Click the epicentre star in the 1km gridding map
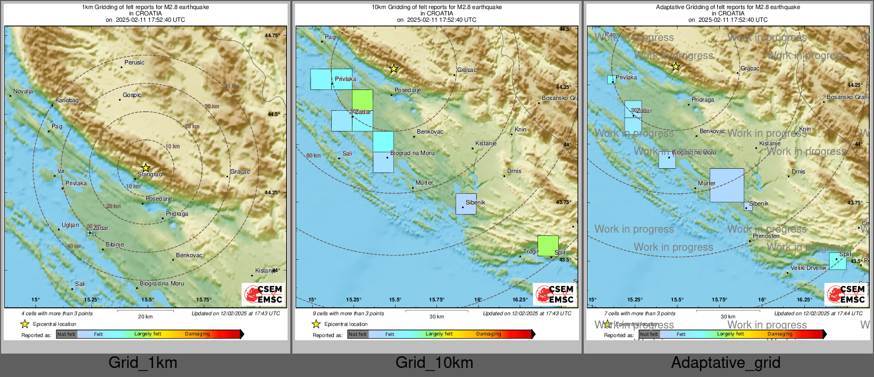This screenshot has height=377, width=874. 146,168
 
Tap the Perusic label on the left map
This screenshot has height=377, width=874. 135,62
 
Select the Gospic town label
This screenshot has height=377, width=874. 132,95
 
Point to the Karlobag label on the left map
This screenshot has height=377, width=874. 67,100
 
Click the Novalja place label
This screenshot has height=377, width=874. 23,91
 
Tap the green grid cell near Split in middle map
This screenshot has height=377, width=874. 548,245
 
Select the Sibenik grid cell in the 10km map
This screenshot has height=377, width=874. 466,204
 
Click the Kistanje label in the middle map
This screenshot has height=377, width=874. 486,143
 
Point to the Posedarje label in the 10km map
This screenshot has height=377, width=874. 408,90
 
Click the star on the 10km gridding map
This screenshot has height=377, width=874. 393,69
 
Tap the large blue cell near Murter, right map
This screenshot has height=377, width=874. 727,185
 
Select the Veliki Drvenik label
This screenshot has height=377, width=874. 808,268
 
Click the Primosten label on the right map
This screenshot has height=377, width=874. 766,236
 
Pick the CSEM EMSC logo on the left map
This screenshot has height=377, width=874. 263,294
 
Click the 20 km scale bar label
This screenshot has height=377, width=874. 145,316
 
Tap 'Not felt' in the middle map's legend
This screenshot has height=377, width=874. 357,334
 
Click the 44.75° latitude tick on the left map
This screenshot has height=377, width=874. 272,35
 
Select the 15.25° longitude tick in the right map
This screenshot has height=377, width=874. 635,299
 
